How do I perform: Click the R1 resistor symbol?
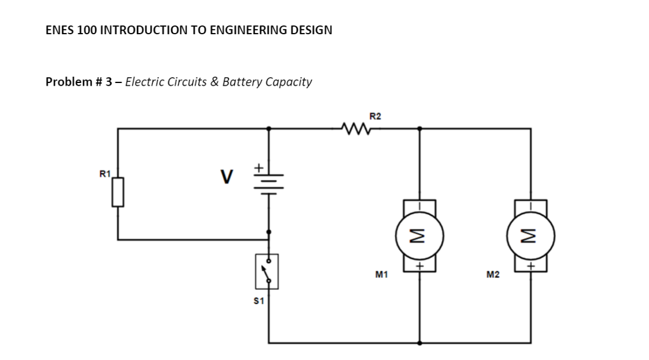point(117,192)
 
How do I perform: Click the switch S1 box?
point(267,271)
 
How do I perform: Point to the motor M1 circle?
point(419,236)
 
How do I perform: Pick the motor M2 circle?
point(530,236)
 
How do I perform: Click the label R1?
point(105,173)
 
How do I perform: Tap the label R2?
point(375,116)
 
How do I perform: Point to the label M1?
point(382,275)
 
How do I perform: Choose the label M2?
point(492,275)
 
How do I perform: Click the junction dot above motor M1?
point(419,129)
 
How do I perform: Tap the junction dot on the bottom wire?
point(419,342)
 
